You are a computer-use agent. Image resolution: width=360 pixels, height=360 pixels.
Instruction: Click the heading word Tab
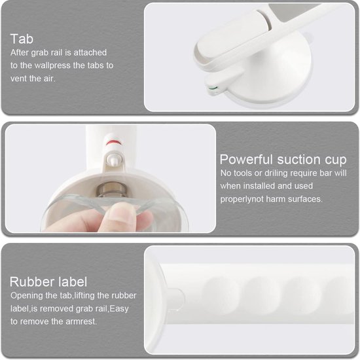(x=22, y=39)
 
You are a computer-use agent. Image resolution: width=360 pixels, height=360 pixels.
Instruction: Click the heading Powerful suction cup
(x=283, y=159)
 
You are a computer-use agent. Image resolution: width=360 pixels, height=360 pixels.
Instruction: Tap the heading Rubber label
(x=48, y=281)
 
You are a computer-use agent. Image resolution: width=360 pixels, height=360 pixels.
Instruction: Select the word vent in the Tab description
(x=18, y=79)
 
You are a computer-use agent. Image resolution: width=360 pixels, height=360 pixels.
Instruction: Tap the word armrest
(x=81, y=321)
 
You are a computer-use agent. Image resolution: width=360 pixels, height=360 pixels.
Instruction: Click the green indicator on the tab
(x=213, y=88)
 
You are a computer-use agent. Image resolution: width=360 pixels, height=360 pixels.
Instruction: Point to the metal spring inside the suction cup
(x=111, y=189)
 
